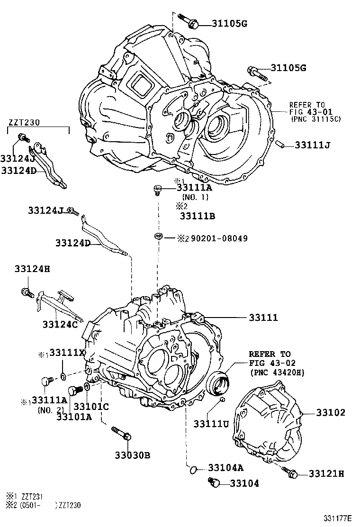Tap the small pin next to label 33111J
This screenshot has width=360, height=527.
tap(280, 143)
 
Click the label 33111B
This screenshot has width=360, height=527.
tap(198, 216)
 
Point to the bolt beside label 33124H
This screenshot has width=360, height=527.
tap(26, 292)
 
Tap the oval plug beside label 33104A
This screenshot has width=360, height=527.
tap(192, 469)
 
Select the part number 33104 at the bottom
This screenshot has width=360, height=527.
tap(244, 483)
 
